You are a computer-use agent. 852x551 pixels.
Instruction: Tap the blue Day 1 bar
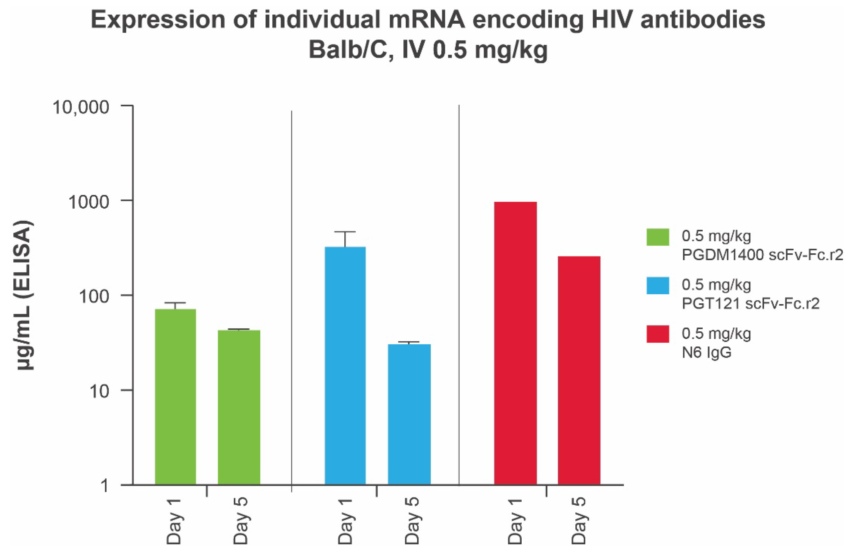pos(345,365)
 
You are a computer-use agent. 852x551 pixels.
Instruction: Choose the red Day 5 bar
pos(579,370)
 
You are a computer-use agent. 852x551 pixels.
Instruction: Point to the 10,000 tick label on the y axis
pos(81,107)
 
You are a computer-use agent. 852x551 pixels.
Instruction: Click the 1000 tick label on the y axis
pos(88,202)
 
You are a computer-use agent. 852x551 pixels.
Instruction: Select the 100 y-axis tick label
pos(94,297)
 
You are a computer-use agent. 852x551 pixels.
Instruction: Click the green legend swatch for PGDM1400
pos(658,237)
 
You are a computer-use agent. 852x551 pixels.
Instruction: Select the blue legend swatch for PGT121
pos(658,285)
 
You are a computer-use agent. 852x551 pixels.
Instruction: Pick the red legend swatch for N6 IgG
pos(658,334)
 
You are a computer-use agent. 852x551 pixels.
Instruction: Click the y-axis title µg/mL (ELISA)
pos(25,295)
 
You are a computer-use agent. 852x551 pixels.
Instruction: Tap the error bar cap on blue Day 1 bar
pos(345,232)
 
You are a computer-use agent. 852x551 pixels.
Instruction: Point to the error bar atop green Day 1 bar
pos(175,304)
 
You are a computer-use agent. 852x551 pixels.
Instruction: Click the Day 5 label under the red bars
pos(579,521)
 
